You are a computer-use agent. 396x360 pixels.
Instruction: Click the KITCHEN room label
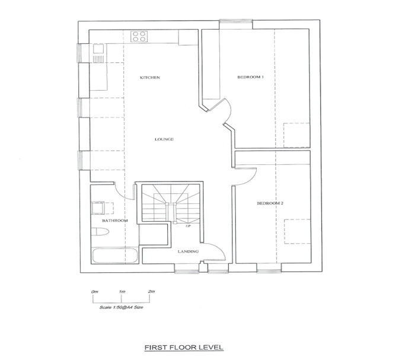(x=150, y=77)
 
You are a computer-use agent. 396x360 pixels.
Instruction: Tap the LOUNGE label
(x=164, y=139)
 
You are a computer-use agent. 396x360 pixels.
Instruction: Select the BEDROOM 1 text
(x=251, y=77)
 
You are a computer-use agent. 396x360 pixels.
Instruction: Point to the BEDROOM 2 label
(x=270, y=203)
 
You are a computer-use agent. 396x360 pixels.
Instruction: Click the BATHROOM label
(x=115, y=221)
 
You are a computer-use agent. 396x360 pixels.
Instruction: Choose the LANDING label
(x=188, y=251)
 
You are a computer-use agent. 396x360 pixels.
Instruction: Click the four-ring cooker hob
(x=139, y=36)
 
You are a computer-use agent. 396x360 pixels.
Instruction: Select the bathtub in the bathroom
(x=114, y=256)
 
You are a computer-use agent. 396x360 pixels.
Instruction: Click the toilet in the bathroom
(x=100, y=232)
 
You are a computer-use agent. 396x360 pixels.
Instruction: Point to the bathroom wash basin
(x=98, y=208)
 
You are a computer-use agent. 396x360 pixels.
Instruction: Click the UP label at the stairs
(x=188, y=226)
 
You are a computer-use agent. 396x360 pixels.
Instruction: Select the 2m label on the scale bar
(x=151, y=292)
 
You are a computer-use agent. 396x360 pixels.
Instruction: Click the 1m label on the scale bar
(x=122, y=292)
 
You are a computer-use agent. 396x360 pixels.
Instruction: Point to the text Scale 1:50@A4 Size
(x=122, y=307)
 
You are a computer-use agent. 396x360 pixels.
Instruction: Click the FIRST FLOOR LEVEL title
(x=184, y=348)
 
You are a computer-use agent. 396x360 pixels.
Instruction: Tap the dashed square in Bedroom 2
(x=297, y=231)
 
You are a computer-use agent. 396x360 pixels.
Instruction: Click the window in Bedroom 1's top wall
(x=236, y=21)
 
